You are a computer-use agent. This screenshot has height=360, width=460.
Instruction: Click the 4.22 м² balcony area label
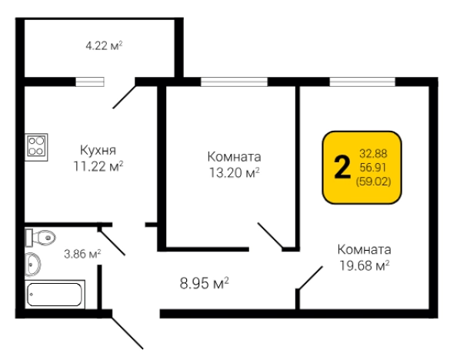click(104, 45)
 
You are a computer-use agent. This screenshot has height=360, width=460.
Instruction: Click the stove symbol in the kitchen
click(36, 145)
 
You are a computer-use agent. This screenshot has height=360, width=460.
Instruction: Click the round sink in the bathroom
click(33, 264)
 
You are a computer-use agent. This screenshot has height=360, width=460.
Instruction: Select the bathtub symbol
click(55, 295)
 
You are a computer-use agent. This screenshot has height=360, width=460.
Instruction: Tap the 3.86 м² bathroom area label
click(82, 253)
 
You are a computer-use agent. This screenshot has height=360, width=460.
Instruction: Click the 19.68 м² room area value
click(364, 265)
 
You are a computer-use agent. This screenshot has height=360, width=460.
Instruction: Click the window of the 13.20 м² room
click(234, 81)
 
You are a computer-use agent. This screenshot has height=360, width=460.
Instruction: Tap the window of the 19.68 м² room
click(362, 81)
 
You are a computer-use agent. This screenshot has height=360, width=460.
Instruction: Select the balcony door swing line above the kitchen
click(124, 95)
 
